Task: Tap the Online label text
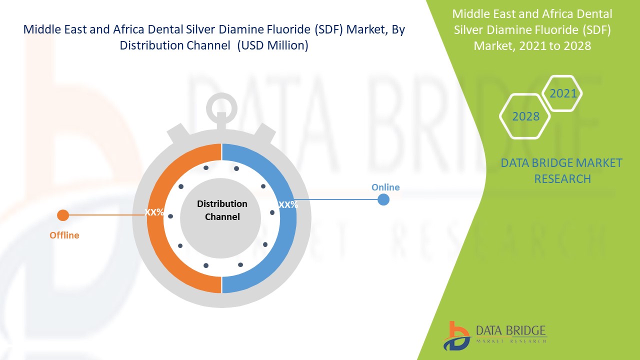[x=385, y=187]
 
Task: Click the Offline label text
[x=64, y=235]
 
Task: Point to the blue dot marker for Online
[x=383, y=199]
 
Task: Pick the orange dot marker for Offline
[x=63, y=215]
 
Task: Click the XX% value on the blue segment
[x=288, y=204]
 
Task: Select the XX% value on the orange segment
[x=154, y=212]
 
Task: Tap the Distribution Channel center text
[x=222, y=210]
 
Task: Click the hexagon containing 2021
[x=562, y=93]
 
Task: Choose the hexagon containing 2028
[x=525, y=116]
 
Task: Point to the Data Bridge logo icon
[x=456, y=336]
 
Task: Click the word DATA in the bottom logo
[x=489, y=330]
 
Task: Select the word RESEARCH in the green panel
[x=562, y=179]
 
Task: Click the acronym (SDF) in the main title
[x=328, y=29]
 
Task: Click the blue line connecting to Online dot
[x=336, y=199]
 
